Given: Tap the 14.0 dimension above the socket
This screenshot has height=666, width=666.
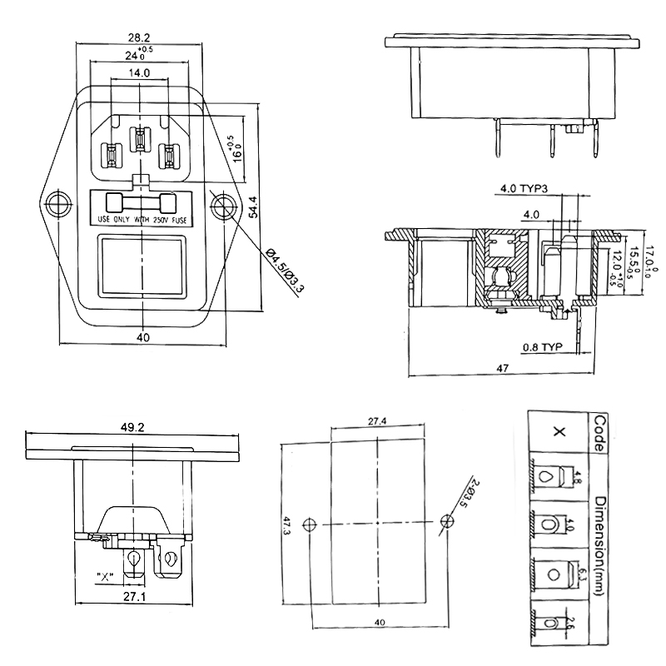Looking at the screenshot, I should pyautogui.click(x=139, y=73).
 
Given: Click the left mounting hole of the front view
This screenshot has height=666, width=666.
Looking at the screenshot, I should pyautogui.click(x=57, y=204).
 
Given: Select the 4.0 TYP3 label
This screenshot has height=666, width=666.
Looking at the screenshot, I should pyautogui.click(x=525, y=188).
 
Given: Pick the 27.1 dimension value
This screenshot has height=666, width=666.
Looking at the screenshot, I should pyautogui.click(x=133, y=598).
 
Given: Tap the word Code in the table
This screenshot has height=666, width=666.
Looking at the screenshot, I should pyautogui.click(x=600, y=431).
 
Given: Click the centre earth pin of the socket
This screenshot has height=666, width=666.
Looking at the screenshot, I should pyautogui.click(x=141, y=140).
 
